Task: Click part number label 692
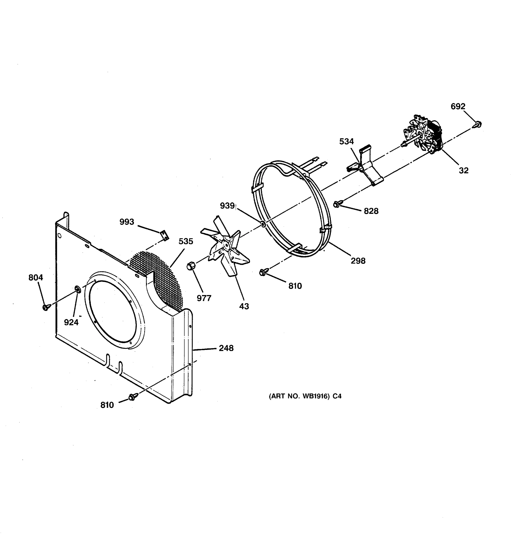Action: pyautogui.click(x=458, y=106)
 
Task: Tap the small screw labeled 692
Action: pyautogui.click(x=478, y=124)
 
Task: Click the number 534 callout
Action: pyautogui.click(x=347, y=141)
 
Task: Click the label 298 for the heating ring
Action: pyautogui.click(x=358, y=261)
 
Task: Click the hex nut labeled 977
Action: pyautogui.click(x=191, y=266)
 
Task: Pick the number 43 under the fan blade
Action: pyautogui.click(x=244, y=306)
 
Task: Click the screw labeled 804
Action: pyautogui.click(x=46, y=307)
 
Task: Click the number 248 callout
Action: pyautogui.click(x=226, y=348)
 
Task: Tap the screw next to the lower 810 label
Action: pyautogui.click(x=132, y=397)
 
